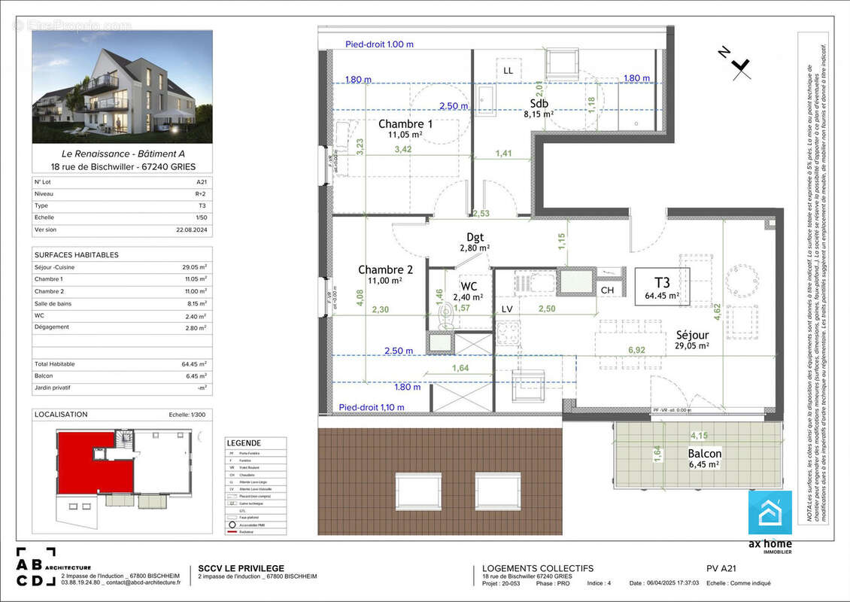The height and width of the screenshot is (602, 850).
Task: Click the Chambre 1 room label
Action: pos(405,124)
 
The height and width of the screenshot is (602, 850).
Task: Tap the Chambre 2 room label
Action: pos(385,269)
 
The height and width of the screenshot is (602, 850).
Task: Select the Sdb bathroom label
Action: pos(539,104)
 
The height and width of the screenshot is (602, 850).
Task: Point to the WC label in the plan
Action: pos(469,286)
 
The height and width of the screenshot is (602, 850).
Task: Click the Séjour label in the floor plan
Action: pos(692,334)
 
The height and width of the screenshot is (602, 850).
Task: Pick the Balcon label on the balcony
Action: pos(704,454)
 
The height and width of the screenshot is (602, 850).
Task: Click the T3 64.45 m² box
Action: pos(662,288)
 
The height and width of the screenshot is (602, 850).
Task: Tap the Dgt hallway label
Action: pos(475,237)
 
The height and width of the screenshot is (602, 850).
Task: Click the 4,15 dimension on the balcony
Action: pos(699,435)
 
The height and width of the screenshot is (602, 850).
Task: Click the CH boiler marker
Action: pos(606,290)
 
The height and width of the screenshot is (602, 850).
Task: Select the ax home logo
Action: pos(770,519)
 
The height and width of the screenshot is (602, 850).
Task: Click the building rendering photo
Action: pos(122,87)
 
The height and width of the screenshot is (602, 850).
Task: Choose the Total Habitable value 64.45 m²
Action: pos(196,364)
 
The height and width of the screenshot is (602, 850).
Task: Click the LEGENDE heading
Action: pos(244,443)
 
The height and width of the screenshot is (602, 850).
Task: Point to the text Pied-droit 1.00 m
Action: pos(379,44)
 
